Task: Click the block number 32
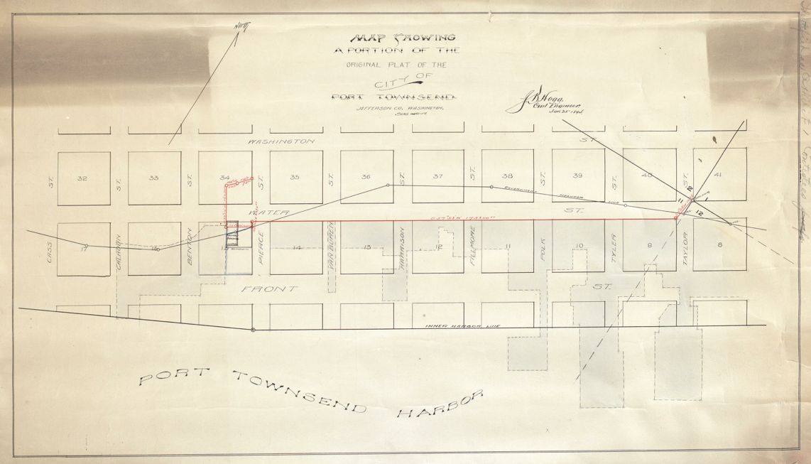pyautogui.click(x=82, y=179)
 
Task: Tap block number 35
pyautogui.click(x=295, y=177)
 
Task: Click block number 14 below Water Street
pyautogui.click(x=298, y=247)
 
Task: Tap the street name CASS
pyautogui.click(x=50, y=253)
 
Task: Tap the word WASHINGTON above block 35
pyautogui.click(x=281, y=142)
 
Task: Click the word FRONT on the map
pyautogui.click(x=261, y=289)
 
